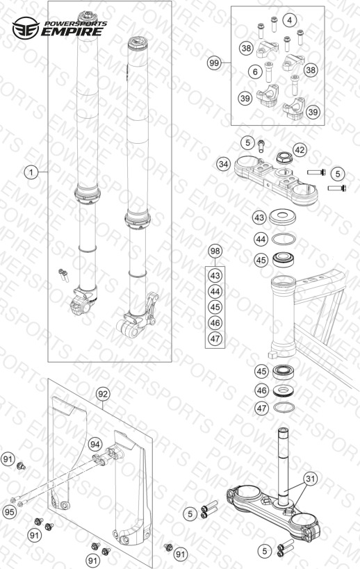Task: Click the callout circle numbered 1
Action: [31, 172]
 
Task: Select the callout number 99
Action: [214, 63]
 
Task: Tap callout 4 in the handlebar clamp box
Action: [289, 20]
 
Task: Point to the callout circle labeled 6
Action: [255, 72]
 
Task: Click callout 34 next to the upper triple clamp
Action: [224, 164]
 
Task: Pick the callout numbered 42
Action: [300, 150]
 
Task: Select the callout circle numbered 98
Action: [215, 251]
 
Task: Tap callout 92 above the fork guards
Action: [103, 394]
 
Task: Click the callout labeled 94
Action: [95, 444]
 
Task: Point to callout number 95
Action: [10, 512]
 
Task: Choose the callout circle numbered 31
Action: [310, 479]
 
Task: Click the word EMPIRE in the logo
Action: [72, 31]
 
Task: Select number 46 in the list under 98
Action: [215, 322]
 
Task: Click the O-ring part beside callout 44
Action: [284, 240]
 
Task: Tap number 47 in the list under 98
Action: [215, 338]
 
